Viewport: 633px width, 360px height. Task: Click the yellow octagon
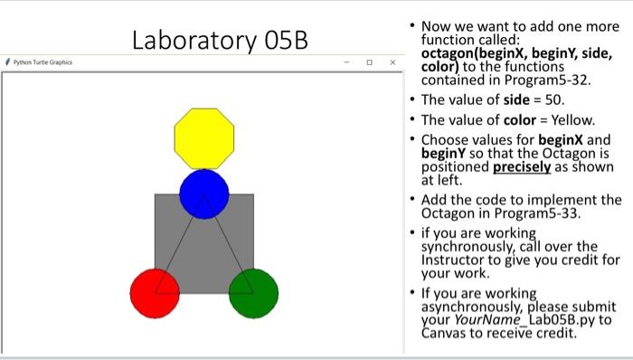203,137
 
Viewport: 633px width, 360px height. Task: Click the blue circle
203,193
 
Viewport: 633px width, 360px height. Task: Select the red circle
155,293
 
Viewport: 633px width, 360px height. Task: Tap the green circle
253,293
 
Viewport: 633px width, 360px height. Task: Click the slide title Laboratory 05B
220,41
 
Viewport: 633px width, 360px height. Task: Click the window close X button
392,62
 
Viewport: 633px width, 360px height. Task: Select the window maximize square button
369,62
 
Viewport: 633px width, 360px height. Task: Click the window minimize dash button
345,62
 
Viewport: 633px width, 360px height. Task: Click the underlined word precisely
523,167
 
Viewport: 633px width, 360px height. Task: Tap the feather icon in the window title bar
9,62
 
